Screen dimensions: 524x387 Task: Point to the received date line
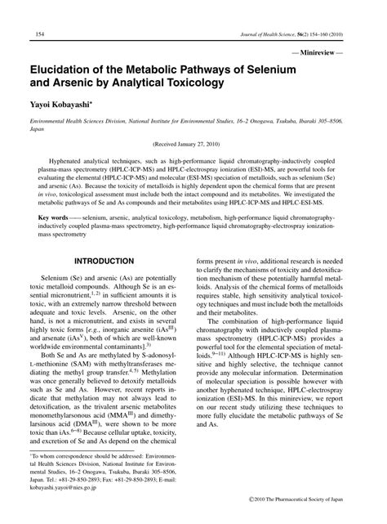(x=193, y=144)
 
